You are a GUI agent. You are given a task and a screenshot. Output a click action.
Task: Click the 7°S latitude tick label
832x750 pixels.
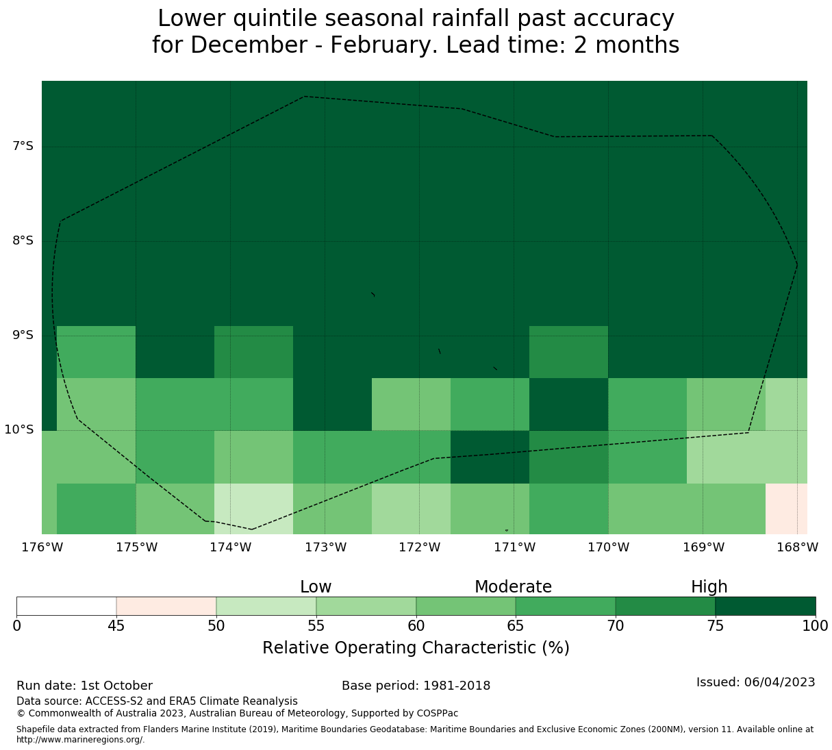click(23, 147)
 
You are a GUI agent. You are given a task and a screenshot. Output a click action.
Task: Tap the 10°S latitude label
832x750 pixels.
click(19, 430)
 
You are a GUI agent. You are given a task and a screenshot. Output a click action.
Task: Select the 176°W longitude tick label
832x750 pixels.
click(42, 547)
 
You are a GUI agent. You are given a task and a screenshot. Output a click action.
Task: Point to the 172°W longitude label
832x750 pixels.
click(419, 547)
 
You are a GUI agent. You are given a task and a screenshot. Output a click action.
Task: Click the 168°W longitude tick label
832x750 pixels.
click(797, 547)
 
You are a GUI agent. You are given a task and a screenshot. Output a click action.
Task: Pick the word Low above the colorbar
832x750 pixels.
click(316, 587)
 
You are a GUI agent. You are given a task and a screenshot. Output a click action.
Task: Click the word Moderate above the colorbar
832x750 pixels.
click(513, 587)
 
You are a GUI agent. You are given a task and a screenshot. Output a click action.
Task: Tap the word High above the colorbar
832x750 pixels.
click(709, 587)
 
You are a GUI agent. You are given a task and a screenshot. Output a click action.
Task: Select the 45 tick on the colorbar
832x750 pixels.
click(116, 625)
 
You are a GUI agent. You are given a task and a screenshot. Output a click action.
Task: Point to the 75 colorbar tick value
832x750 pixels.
click(716, 625)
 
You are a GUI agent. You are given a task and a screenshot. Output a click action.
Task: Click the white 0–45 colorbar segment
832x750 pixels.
click(66, 606)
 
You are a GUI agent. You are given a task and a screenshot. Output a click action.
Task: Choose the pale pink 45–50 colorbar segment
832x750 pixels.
click(166, 606)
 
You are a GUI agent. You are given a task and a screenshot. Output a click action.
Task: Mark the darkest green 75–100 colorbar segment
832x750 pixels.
click(766, 606)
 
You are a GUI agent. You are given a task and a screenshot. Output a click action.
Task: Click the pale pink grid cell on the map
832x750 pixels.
click(786, 508)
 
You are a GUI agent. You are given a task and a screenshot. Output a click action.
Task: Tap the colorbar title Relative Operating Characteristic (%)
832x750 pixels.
click(416, 648)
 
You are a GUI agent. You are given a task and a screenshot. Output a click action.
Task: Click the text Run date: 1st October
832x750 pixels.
click(84, 686)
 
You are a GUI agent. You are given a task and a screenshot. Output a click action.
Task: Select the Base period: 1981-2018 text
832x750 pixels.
click(416, 686)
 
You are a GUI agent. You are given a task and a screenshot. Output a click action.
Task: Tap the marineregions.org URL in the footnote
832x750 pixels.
click(80, 740)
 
